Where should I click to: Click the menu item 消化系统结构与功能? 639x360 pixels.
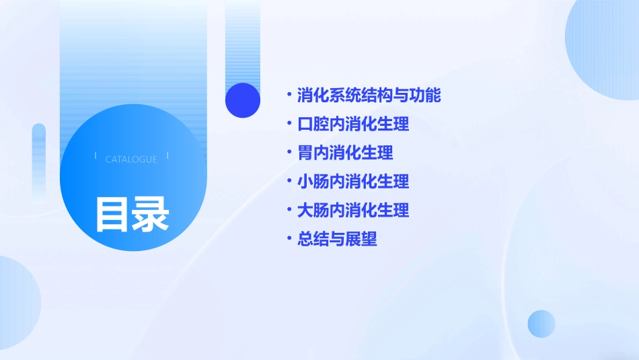pyautogui.click(x=369, y=96)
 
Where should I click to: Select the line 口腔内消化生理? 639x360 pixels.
pyautogui.click(x=353, y=124)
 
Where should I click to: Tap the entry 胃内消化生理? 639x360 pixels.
pyautogui.click(x=345, y=153)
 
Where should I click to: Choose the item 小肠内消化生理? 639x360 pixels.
pyautogui.click(x=353, y=182)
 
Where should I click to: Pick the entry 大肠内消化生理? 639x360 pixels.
pyautogui.click(x=353, y=210)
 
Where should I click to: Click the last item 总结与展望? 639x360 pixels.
pyautogui.click(x=337, y=239)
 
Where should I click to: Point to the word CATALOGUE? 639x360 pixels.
pyautogui.click(x=131, y=159)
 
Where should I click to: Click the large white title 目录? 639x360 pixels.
pyautogui.click(x=132, y=214)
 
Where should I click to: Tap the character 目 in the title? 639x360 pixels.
pyautogui.click(x=112, y=214)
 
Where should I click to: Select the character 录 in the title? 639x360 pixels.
pyautogui.click(x=151, y=214)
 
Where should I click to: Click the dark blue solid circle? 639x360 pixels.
pyautogui.click(x=243, y=100)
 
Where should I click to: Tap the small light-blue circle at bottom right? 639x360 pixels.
pyautogui.click(x=541, y=324)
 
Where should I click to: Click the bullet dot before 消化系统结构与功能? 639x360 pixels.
pyautogui.click(x=289, y=95)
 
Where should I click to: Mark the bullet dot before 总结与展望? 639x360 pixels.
pyautogui.click(x=289, y=238)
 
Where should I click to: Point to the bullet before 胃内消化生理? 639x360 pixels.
pyautogui.click(x=289, y=152)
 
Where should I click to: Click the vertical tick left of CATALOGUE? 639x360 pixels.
pyautogui.click(x=96, y=156)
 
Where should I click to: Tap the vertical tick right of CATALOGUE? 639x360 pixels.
pyautogui.click(x=167, y=156)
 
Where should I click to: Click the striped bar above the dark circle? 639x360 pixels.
pyautogui.click(x=243, y=40)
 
